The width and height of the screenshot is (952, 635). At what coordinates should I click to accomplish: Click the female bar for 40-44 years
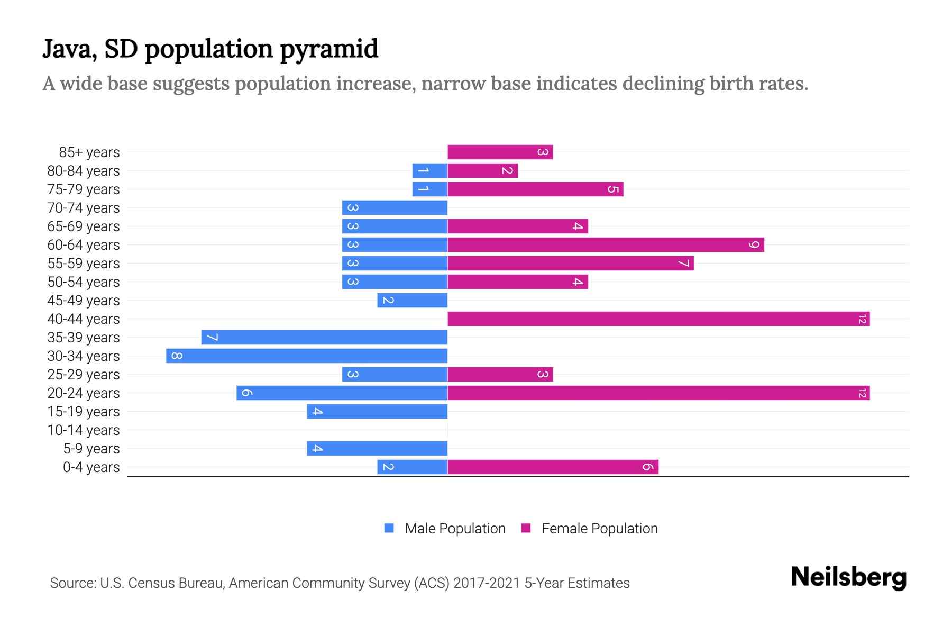(658, 319)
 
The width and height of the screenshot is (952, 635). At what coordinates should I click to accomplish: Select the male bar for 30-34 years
(307, 356)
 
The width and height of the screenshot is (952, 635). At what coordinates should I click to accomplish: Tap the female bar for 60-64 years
(606, 245)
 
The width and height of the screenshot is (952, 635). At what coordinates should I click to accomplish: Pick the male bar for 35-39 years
(324, 338)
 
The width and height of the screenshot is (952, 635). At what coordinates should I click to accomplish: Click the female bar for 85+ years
(500, 152)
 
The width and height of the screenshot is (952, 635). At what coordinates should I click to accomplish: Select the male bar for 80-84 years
(430, 171)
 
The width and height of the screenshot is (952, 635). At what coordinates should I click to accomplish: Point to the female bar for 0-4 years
(553, 467)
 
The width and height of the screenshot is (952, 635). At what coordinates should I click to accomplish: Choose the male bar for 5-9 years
(377, 449)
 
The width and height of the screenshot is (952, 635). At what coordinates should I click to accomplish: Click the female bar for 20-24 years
(658, 393)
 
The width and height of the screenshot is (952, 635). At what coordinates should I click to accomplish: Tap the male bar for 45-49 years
(413, 301)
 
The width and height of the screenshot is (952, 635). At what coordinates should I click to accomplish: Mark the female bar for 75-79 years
(535, 189)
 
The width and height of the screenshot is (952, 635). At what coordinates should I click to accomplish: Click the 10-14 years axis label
(84, 430)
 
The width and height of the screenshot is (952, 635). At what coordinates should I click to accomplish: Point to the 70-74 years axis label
(84, 208)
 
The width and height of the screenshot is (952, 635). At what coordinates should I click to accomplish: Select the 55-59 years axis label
(84, 264)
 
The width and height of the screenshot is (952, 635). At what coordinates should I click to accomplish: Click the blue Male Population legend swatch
(389, 528)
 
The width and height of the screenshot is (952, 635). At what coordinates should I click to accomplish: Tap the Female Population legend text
(599, 529)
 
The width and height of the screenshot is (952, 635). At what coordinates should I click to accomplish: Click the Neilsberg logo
(848, 577)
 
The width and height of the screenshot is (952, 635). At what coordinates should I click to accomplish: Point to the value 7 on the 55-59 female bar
(683, 264)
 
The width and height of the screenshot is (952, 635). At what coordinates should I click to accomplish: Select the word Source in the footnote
(72, 583)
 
